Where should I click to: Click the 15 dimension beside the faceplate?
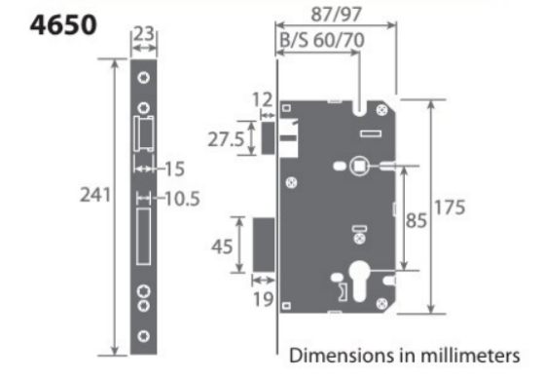172,170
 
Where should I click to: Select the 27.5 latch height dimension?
227,138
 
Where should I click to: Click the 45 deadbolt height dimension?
223,246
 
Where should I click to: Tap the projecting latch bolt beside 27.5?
265,135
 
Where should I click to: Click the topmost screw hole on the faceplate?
144,78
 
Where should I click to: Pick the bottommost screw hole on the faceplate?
144,337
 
